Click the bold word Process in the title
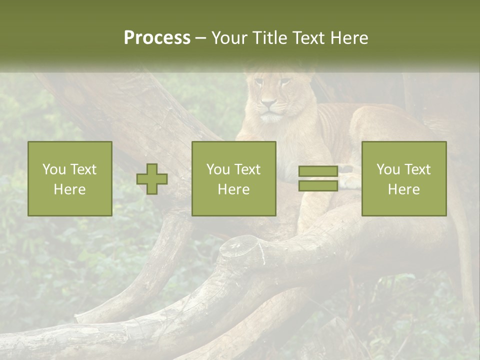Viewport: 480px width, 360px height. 157,38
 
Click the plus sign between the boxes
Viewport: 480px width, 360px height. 152,178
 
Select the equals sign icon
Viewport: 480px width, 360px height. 318,178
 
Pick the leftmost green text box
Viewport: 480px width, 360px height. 70,178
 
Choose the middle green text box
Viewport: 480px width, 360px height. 233,178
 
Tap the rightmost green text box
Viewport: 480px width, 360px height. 403,178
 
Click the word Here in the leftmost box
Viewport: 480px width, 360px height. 70,189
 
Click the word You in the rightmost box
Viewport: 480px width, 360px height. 388,169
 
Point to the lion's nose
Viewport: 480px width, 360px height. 269,103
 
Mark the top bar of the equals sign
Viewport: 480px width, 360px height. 318,171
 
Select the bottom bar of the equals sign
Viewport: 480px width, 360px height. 318,185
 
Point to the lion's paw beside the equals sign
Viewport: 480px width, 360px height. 350,181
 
